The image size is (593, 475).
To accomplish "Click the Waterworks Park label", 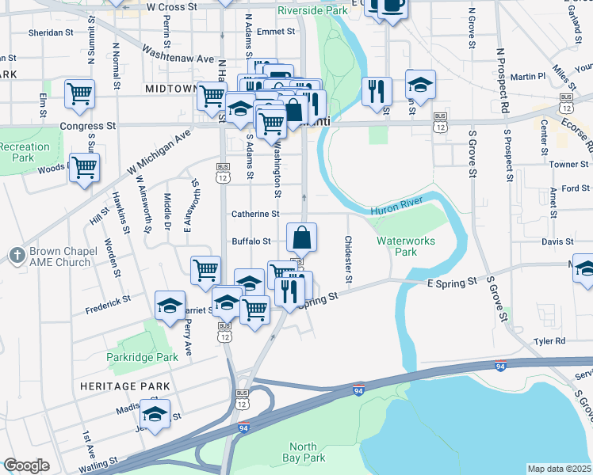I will pyautogui.click(x=396, y=245).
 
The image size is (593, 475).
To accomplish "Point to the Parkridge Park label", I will pyautogui.click(x=143, y=358).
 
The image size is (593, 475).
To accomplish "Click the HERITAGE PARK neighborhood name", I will pyautogui.click(x=124, y=386).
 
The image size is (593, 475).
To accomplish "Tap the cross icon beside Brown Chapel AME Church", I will pyautogui.click(x=17, y=255).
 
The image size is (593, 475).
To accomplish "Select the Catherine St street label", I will pyautogui.click(x=255, y=215).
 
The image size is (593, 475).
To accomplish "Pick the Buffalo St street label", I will pyautogui.click(x=251, y=241).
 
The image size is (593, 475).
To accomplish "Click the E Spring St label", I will pyautogui.click(x=453, y=281).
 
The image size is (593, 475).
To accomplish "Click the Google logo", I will pyautogui.click(x=26, y=465).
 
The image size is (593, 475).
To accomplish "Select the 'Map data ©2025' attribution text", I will pyautogui.click(x=559, y=469).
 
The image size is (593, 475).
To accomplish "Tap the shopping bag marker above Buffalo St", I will pyautogui.click(x=302, y=237).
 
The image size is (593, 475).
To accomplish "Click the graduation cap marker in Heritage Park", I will pyautogui.click(x=155, y=414).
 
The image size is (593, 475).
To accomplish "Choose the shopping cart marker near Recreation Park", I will pyautogui.click(x=84, y=167).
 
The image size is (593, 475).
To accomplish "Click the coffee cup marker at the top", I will pyautogui.click(x=392, y=6).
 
